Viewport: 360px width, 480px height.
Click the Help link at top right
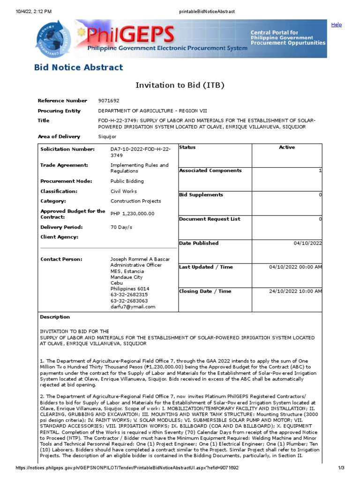tap(336, 25)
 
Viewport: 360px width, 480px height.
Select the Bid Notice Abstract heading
tap(79, 67)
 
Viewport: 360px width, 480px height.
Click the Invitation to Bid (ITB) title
tap(180, 85)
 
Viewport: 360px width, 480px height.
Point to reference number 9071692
tap(109, 101)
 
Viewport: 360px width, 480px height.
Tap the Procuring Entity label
tap(59, 111)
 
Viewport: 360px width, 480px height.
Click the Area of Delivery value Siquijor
tap(107, 137)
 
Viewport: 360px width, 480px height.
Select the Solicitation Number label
tap(67, 149)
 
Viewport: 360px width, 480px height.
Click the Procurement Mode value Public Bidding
tap(127, 181)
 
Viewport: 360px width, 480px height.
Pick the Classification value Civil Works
tap(124, 191)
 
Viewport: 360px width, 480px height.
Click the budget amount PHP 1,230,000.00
tap(132, 214)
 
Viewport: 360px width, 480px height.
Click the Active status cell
tap(287, 148)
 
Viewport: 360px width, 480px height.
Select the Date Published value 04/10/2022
tap(307, 243)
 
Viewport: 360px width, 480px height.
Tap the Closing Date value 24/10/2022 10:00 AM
tap(295, 292)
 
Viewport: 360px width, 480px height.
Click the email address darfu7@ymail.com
tap(133, 307)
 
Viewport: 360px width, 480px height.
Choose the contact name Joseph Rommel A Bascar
tap(140, 259)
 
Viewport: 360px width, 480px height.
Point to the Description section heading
tap(55, 317)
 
